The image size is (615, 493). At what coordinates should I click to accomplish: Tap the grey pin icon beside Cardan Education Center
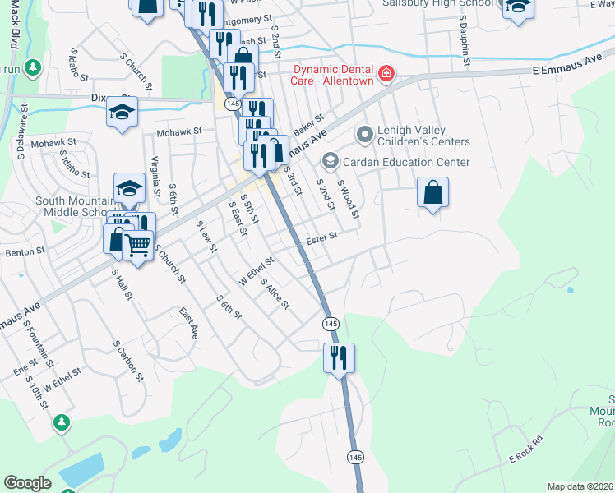[331, 160]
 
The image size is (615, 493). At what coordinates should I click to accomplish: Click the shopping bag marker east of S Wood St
[433, 194]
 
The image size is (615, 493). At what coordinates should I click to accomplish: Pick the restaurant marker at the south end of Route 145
[339, 357]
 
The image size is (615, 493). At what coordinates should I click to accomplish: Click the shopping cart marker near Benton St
[138, 243]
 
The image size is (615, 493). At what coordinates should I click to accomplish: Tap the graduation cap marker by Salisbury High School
[518, 7]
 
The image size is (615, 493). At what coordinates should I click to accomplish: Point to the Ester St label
[322, 238]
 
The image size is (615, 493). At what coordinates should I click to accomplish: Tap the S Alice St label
[275, 293]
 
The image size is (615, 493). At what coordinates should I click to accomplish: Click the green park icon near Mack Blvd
[33, 67]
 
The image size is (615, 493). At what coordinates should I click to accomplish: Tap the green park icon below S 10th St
[61, 422]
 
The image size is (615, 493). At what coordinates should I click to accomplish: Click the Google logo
[27, 483]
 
